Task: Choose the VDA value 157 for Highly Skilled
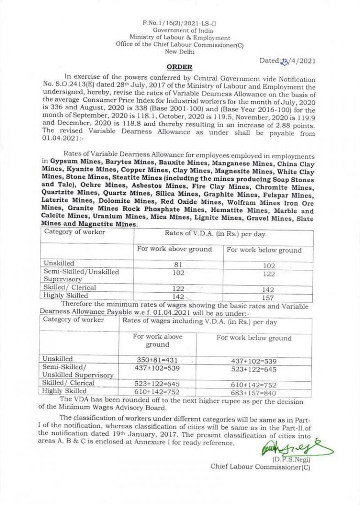tap(262, 297)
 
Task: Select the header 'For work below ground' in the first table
tap(264, 250)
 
